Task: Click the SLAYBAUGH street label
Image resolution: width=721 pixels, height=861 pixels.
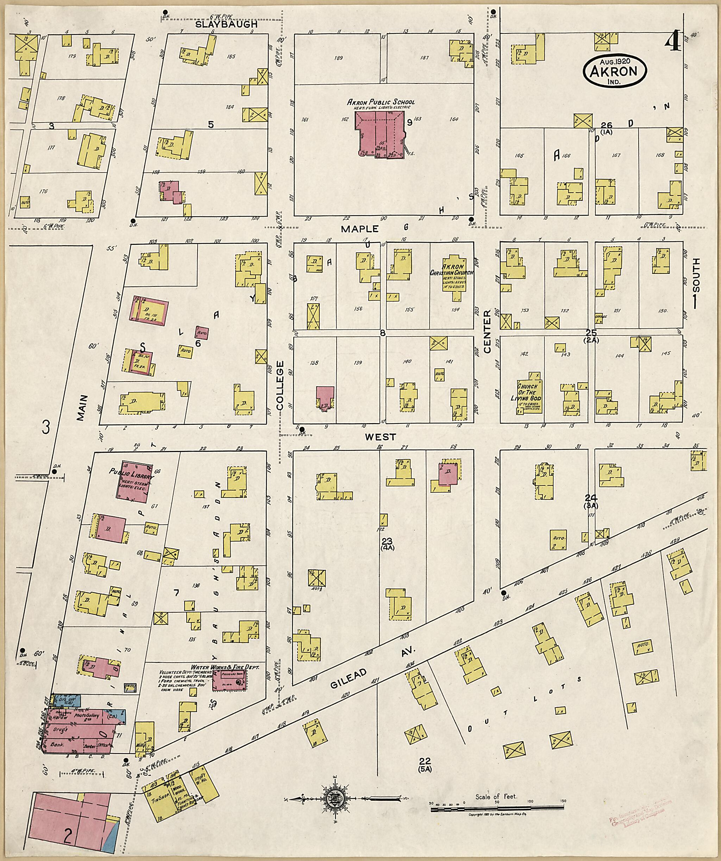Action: tap(226, 24)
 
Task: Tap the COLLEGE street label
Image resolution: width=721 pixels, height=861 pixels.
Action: tap(280, 385)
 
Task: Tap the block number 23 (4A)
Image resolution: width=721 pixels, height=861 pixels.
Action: tap(387, 544)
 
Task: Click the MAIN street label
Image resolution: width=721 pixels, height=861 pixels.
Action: tap(82, 408)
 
